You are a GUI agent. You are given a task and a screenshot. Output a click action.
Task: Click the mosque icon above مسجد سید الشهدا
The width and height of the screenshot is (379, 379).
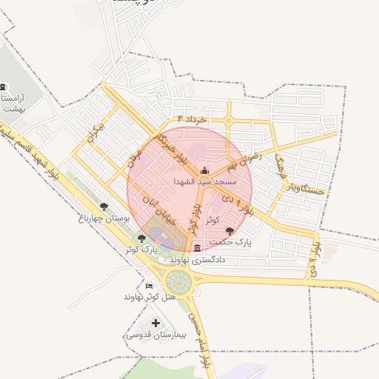(x=205, y=171)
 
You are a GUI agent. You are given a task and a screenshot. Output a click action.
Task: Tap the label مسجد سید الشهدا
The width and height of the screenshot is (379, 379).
(x=204, y=181)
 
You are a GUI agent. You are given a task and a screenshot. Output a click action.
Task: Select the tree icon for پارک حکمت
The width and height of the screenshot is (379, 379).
(x=231, y=232)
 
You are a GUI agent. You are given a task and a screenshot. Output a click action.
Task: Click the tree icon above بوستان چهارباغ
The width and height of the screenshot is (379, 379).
(x=103, y=207)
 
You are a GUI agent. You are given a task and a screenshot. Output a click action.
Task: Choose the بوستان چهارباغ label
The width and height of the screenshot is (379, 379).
(x=104, y=218)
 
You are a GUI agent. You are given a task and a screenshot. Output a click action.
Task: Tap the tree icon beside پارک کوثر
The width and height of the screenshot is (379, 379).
(x=141, y=238)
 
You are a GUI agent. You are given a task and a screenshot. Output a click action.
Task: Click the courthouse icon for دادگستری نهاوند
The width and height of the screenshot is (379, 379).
(x=197, y=249)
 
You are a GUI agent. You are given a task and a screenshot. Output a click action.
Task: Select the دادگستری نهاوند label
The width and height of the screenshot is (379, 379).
(x=197, y=260)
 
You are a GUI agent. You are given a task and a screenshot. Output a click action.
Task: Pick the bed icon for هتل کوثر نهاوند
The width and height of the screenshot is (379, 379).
(x=150, y=286)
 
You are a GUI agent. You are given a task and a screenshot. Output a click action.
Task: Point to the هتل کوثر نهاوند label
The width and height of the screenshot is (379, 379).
(x=150, y=297)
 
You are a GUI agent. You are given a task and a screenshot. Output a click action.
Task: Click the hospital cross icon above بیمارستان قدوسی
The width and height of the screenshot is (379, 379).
(x=155, y=323)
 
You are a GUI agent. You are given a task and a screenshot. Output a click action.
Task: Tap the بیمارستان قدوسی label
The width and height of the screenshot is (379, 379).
(x=149, y=335)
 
